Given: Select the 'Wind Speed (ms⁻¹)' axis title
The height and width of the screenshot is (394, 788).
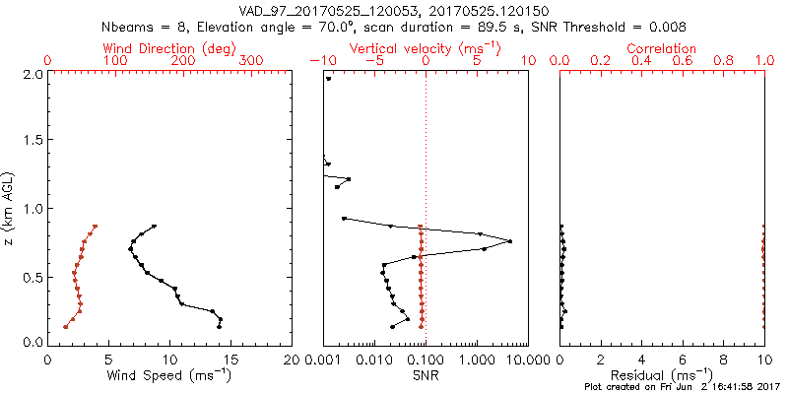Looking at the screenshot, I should (169, 374).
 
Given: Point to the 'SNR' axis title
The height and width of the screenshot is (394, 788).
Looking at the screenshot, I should (426, 374).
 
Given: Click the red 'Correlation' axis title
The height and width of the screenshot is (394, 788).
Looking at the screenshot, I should (661, 48).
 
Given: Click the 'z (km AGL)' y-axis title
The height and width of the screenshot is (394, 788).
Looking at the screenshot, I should (11, 206).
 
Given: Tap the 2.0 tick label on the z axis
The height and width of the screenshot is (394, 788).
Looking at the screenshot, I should (32, 74).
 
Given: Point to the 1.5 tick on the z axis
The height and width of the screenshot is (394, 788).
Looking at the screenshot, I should (32, 141).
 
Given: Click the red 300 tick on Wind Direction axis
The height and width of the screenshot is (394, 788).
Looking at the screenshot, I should (252, 61).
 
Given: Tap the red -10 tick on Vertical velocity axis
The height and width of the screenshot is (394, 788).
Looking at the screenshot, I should (318, 61).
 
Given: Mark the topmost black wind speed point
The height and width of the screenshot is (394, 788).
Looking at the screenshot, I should (154, 227).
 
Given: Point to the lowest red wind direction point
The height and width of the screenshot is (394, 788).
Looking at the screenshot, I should (66, 326).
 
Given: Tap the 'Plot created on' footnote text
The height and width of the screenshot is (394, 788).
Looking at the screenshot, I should (681, 387).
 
